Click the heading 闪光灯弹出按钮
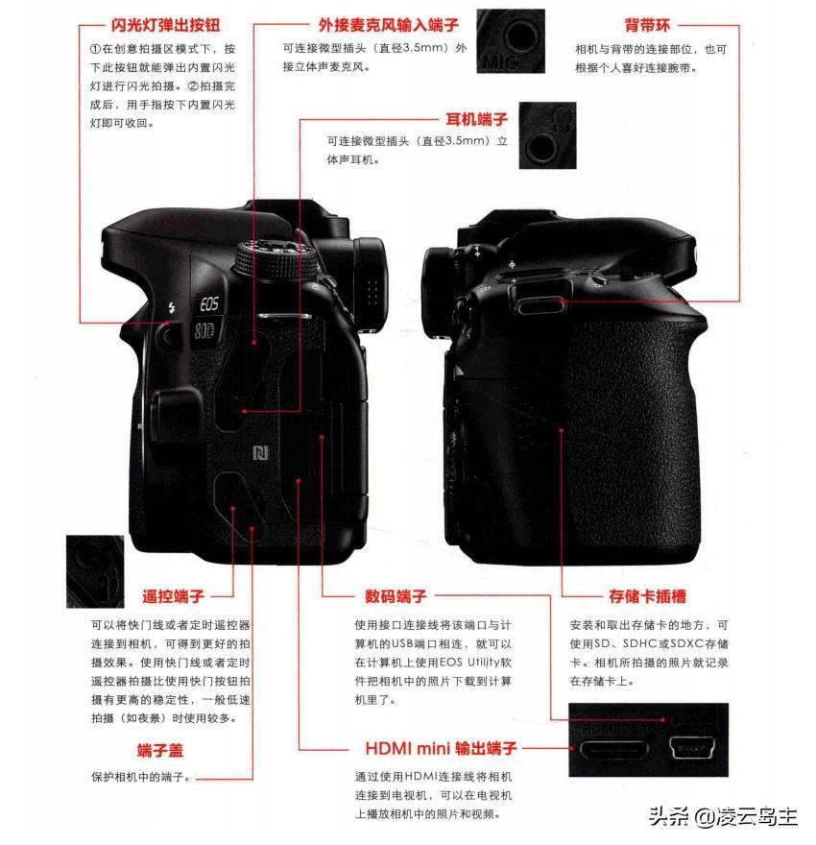[165, 25]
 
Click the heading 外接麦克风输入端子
[389, 25]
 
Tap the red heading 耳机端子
[476, 119]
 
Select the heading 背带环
[647, 25]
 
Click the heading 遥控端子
[173, 596]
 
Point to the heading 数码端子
[396, 596]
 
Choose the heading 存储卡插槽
[647, 596]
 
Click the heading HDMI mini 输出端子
[442, 748]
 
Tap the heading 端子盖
[160, 750]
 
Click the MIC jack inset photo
[511, 41]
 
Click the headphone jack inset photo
[547, 135]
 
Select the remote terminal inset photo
[95, 571]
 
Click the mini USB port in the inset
[691, 748]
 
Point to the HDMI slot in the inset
[612, 749]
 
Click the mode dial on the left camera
[275, 259]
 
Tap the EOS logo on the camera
[209, 304]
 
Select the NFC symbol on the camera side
[261, 453]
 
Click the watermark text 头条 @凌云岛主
[723, 817]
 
